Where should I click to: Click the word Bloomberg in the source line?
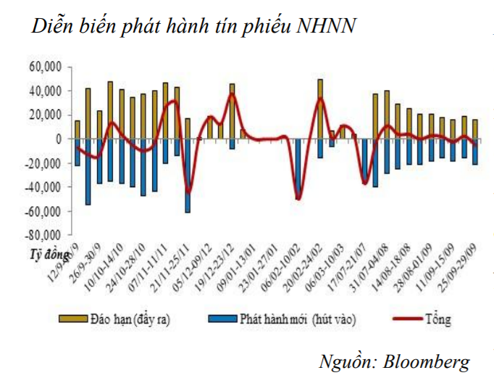(x=427, y=361)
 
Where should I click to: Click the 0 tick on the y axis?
(x=59, y=139)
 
